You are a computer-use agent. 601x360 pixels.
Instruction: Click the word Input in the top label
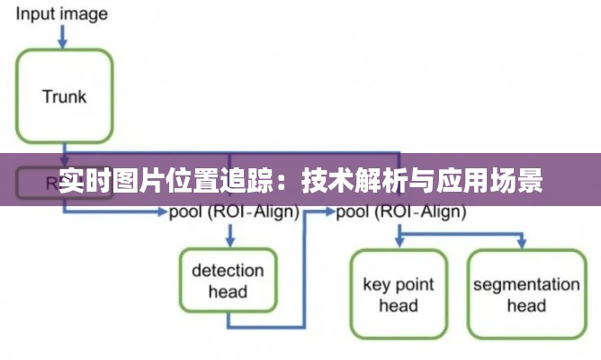pyautogui.click(x=32, y=13)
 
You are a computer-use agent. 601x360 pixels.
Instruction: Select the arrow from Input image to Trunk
pyautogui.click(x=63, y=35)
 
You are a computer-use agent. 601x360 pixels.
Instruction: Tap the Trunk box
pyautogui.click(x=64, y=95)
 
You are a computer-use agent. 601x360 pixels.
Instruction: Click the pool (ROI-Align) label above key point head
pyautogui.click(x=401, y=212)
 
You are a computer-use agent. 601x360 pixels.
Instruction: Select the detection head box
pyautogui.click(x=228, y=280)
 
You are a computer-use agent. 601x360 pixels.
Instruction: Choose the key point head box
pyautogui.click(x=398, y=294)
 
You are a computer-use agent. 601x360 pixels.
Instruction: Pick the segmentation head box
pyautogui.click(x=526, y=294)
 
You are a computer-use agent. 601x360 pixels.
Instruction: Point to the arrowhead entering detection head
pyautogui.click(x=230, y=241)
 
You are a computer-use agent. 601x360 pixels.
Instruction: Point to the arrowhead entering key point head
pyautogui.click(x=398, y=244)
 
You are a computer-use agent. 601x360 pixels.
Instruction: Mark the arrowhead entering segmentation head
pyautogui.click(x=520, y=244)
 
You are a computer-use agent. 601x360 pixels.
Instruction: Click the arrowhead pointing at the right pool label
pyautogui.click(x=329, y=212)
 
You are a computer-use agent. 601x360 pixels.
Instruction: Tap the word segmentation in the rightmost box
pyautogui.click(x=526, y=284)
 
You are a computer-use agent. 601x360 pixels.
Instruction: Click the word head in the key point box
pyautogui.click(x=398, y=306)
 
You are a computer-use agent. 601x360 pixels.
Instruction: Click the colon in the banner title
pyautogui.click(x=286, y=182)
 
